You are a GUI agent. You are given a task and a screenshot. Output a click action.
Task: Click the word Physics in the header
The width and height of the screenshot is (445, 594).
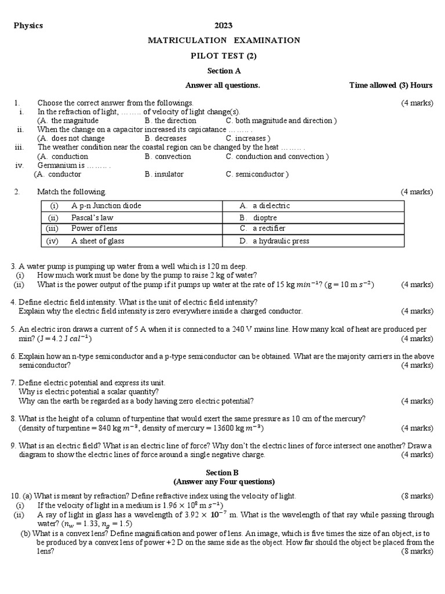(28, 26)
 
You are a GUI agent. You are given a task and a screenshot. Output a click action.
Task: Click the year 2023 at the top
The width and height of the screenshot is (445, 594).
(224, 26)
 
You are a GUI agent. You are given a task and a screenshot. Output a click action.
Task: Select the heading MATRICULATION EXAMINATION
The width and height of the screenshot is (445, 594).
(224, 40)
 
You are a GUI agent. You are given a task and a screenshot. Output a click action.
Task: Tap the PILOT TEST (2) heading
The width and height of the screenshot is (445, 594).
(224, 56)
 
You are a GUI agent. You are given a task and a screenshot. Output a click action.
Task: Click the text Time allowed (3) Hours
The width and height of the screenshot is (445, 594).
(391, 85)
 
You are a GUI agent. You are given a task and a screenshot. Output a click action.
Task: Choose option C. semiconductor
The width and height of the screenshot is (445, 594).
(257, 174)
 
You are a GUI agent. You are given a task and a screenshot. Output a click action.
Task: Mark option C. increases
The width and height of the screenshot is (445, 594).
(248, 139)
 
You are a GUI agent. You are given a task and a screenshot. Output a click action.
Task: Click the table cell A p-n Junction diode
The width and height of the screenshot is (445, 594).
(106, 206)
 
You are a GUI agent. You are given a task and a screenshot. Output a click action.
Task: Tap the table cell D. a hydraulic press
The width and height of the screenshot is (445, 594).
(274, 241)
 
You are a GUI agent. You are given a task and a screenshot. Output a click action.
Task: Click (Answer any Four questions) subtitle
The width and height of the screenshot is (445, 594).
(224, 482)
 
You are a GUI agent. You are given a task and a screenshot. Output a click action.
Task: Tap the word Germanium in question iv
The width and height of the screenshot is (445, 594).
(57, 165)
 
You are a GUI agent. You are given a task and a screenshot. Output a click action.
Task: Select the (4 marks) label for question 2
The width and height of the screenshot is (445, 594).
(416, 192)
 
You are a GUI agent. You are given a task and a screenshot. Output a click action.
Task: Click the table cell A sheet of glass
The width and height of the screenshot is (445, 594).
(97, 241)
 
